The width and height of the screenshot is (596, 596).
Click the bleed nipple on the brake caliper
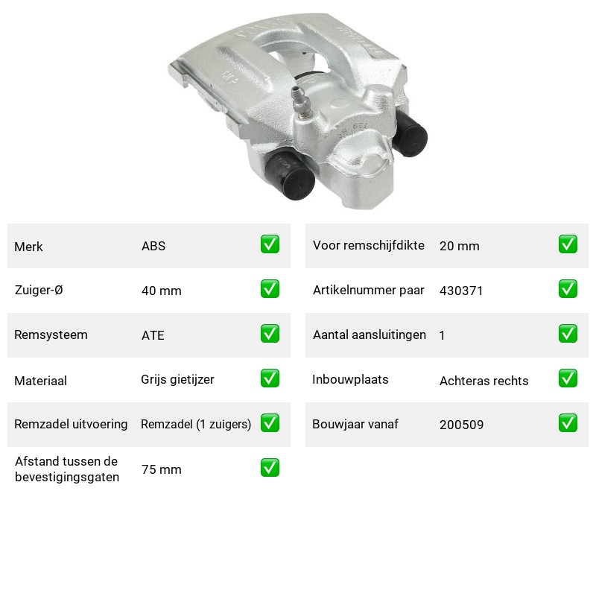(302, 101)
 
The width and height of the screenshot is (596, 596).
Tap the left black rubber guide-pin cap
(291, 176)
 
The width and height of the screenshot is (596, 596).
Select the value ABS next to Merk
(153, 246)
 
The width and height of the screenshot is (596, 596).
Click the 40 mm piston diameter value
(162, 291)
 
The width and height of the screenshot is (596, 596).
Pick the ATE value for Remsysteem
(153, 335)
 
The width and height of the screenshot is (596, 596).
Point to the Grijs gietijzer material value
(177, 380)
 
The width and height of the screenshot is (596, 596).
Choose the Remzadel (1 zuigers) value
(196, 424)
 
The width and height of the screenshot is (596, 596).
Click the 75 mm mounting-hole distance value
(162, 469)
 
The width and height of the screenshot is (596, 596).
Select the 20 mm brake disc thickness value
(460, 246)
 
